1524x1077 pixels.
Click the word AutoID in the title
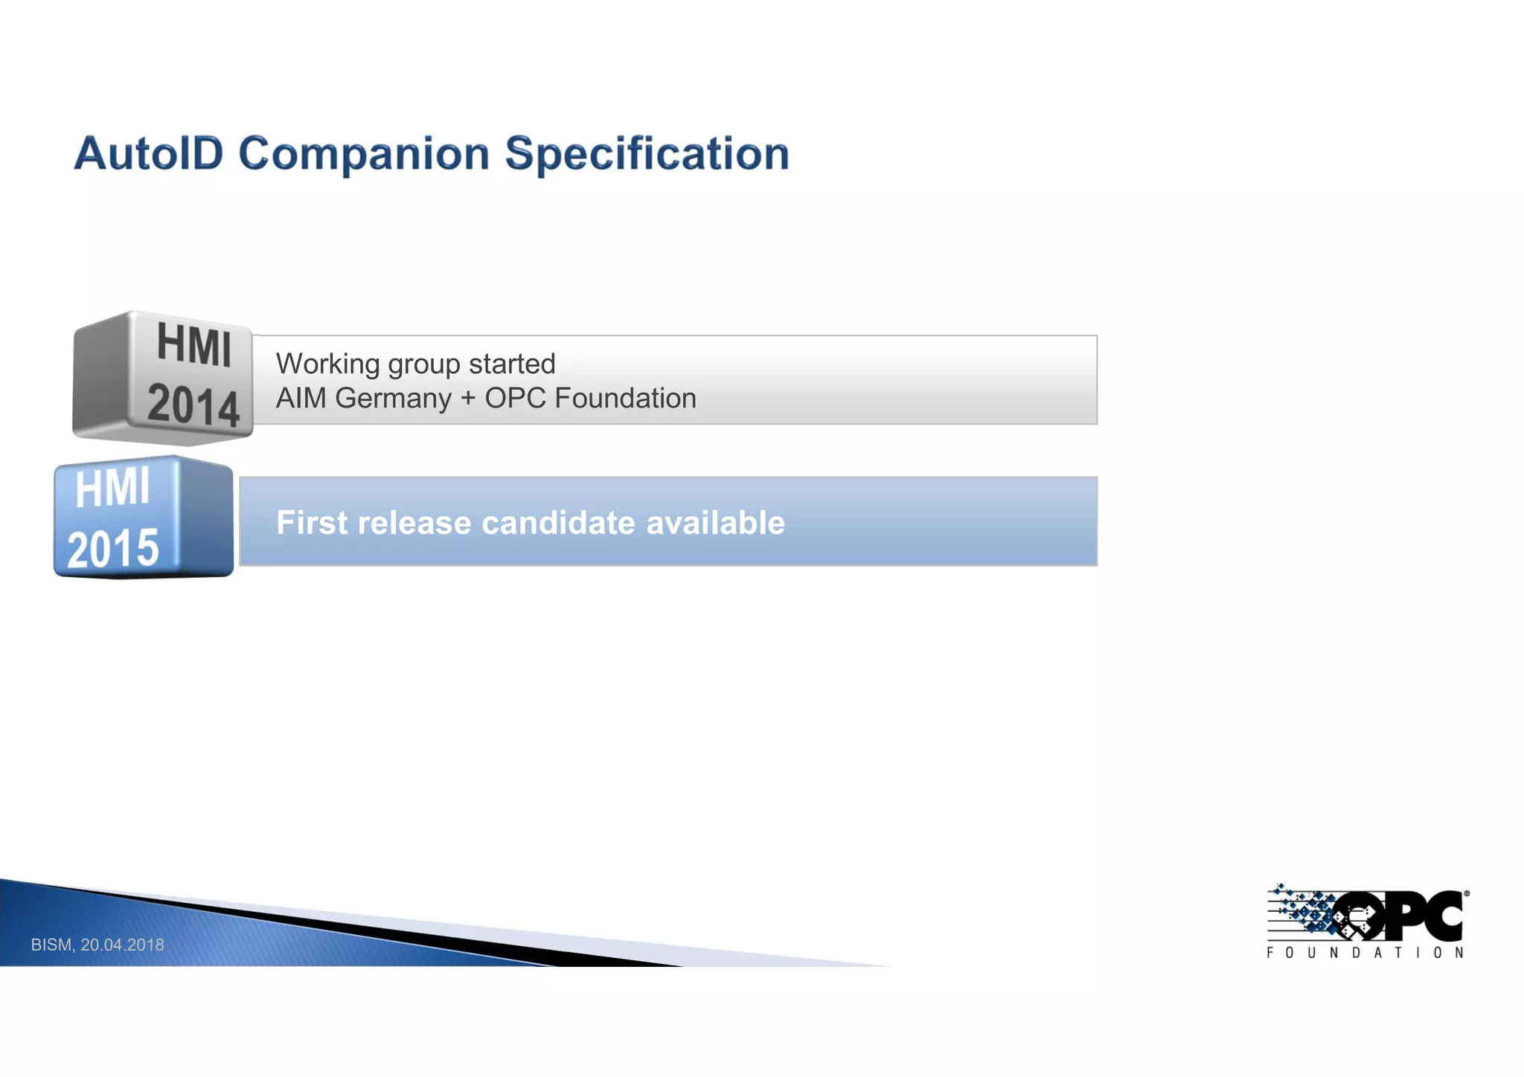pyautogui.click(x=149, y=154)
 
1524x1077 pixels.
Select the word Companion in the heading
pyautogui.click(x=364, y=154)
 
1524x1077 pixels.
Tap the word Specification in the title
pyautogui.click(x=647, y=154)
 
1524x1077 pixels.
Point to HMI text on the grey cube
pyautogui.click(x=193, y=346)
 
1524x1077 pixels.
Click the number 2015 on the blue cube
pyautogui.click(x=113, y=549)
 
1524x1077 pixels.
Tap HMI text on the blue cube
pyautogui.click(x=112, y=489)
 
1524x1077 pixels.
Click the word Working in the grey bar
pyautogui.click(x=328, y=364)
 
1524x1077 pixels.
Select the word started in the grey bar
pyautogui.click(x=512, y=364)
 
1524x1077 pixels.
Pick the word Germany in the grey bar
pyautogui.click(x=393, y=399)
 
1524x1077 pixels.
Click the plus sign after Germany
pyautogui.click(x=468, y=399)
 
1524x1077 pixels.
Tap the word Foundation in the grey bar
pyautogui.click(x=625, y=399)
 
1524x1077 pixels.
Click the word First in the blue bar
pyautogui.click(x=312, y=522)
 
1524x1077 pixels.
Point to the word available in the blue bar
pyautogui.click(x=715, y=522)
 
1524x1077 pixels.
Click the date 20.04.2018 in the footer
pyautogui.click(x=122, y=945)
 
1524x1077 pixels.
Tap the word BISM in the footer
pyautogui.click(x=51, y=945)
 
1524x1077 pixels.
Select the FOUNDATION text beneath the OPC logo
pyautogui.click(x=1365, y=953)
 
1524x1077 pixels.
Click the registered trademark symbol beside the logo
pyautogui.click(x=1467, y=894)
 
